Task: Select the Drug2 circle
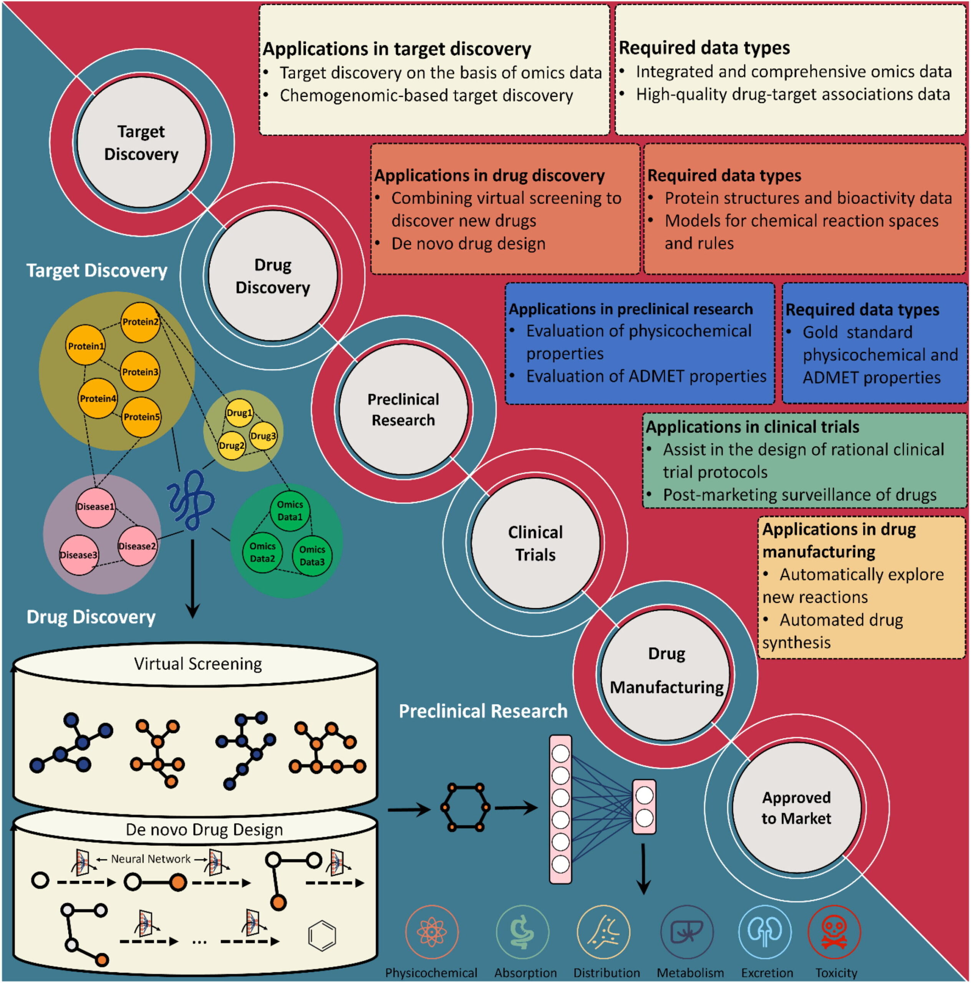232,446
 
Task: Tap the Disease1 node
95,507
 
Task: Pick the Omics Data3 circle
312,556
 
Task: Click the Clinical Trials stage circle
535,543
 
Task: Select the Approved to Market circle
797,808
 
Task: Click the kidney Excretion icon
765,932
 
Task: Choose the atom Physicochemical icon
432,932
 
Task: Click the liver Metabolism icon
686,932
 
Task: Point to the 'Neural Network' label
151,859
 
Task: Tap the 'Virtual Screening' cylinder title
197,664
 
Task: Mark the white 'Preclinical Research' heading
482,711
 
